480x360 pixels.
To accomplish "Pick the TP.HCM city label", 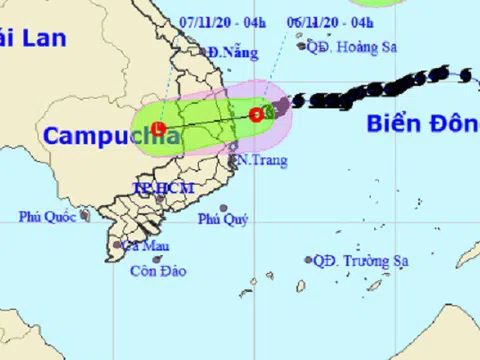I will coord(162,187).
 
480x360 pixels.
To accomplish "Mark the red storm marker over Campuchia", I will coord(158,128).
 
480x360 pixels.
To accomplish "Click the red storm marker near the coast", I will coord(257,115).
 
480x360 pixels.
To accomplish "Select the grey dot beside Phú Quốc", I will coord(85,214).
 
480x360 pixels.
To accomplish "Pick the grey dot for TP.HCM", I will coord(159,199).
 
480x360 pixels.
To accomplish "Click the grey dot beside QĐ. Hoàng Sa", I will coord(300,44).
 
